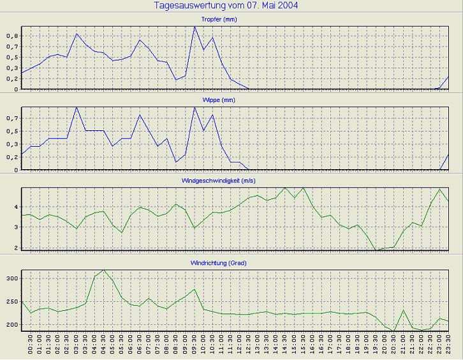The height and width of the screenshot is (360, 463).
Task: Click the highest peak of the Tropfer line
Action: tap(195, 27)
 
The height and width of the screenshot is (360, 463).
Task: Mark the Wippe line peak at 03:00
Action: tap(77, 107)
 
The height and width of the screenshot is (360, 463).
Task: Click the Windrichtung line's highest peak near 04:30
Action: tap(105, 270)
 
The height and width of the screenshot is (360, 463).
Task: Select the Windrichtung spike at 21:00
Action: tap(403, 310)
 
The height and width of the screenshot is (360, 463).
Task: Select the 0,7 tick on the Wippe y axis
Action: tap(13, 118)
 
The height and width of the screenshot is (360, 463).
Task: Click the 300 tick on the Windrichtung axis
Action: tap(13, 279)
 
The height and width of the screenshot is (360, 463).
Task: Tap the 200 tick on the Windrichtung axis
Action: tap(13, 325)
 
